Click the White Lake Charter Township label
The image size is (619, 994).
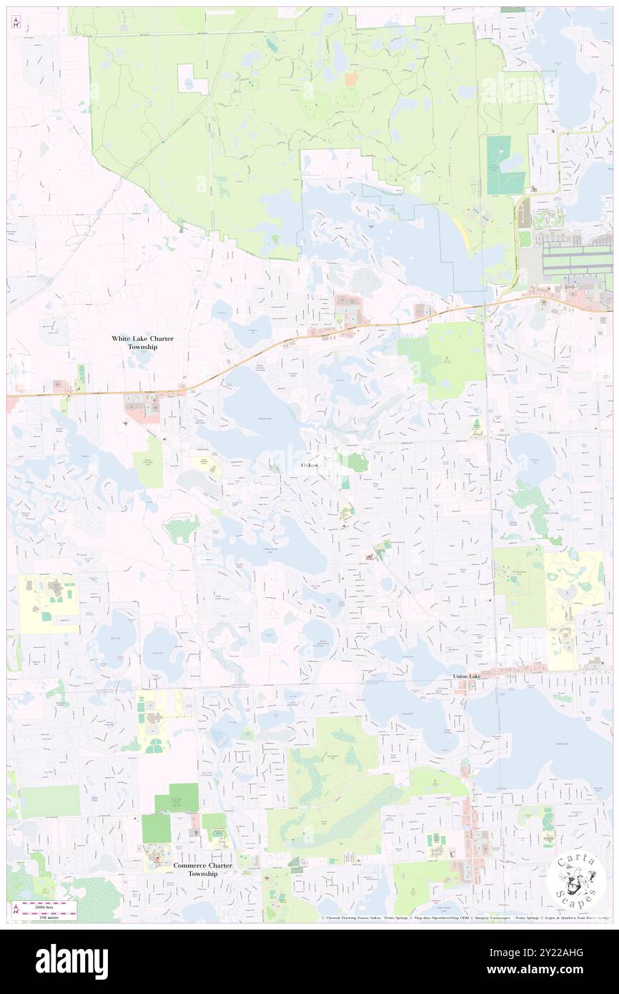coord(142,342)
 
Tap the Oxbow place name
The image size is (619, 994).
coord(309,465)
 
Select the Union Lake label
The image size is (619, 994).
coord(470,676)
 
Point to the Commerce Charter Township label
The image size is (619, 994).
coord(203,869)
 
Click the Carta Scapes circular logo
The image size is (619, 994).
coord(576,878)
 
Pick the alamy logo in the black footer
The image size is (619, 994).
coord(71,961)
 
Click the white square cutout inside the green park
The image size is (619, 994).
coord(192,79)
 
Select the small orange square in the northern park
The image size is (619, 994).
coord(350,79)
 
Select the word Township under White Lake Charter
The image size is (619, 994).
coord(142,347)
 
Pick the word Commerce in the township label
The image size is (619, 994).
coord(192,865)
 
